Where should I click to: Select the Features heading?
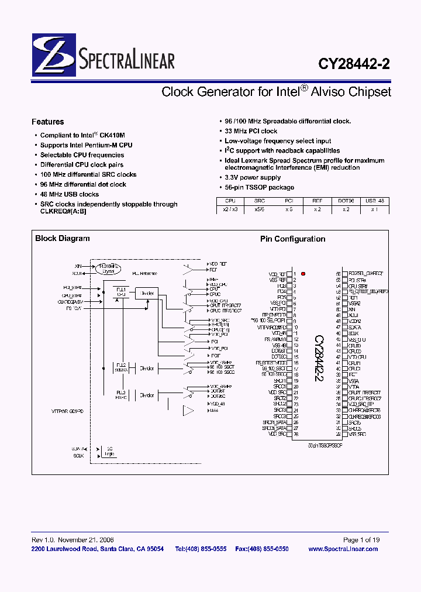(47, 122)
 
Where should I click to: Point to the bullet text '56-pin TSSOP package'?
(259, 187)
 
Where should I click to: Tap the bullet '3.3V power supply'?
(253, 177)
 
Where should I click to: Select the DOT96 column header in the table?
(346, 200)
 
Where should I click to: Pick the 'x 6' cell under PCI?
(288, 209)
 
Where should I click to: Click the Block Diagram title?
(63, 238)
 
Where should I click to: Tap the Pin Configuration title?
(292, 239)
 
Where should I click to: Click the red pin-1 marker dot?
(303, 274)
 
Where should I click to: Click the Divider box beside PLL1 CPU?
(146, 293)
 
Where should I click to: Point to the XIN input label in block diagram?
(78, 266)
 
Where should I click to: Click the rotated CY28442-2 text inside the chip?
(319, 359)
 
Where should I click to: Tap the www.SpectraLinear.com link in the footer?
(343, 549)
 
